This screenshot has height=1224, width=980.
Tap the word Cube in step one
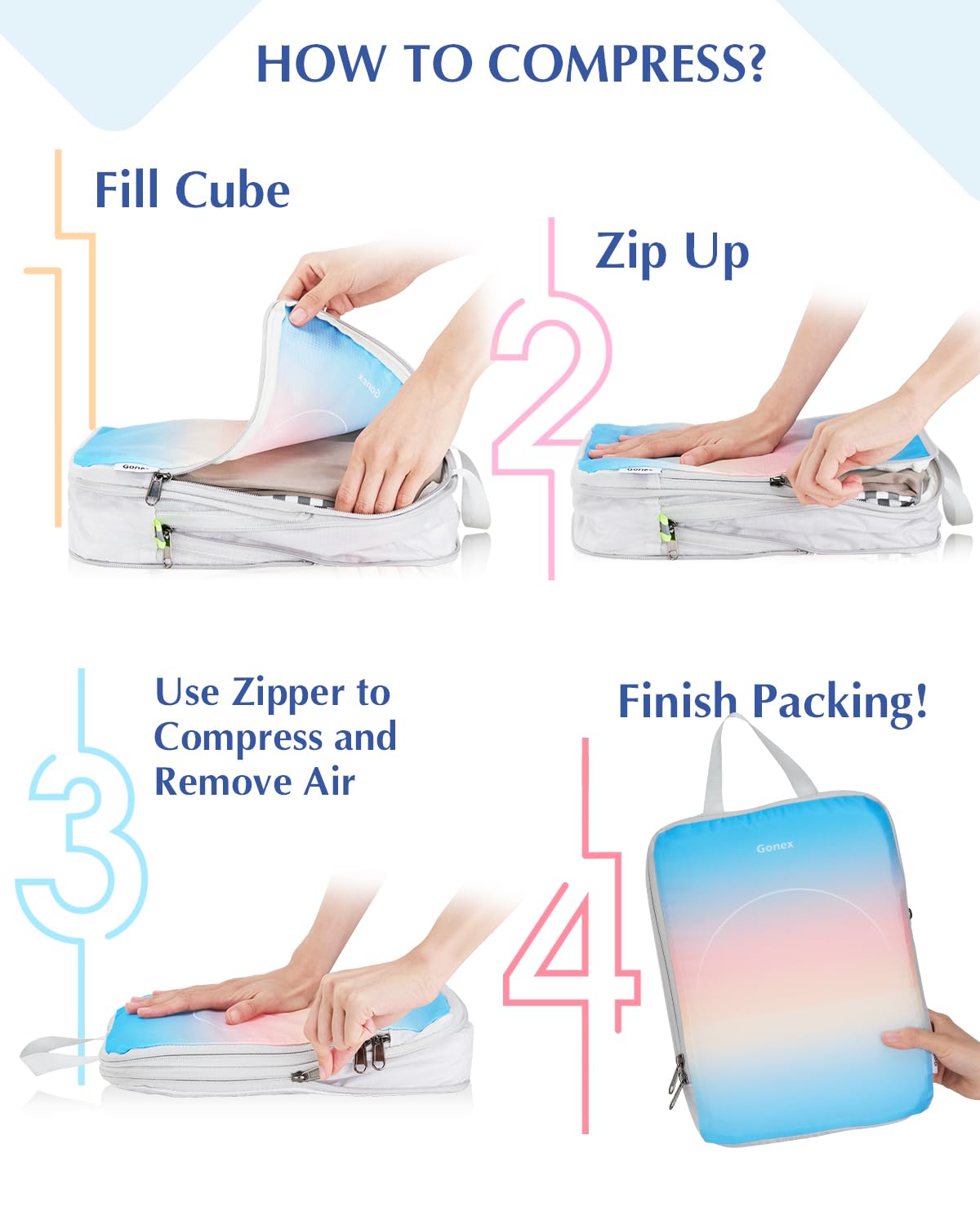pyautogui.click(x=233, y=190)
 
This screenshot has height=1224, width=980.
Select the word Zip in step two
pyautogui.click(x=630, y=251)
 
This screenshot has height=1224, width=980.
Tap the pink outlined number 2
pyautogui.click(x=552, y=392)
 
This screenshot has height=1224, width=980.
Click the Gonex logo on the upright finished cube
pyautogui.click(x=774, y=847)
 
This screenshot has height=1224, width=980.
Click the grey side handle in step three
pyautogui.click(x=53, y=1053)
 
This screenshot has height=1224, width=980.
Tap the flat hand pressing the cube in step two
pyautogui.click(x=678, y=445)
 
